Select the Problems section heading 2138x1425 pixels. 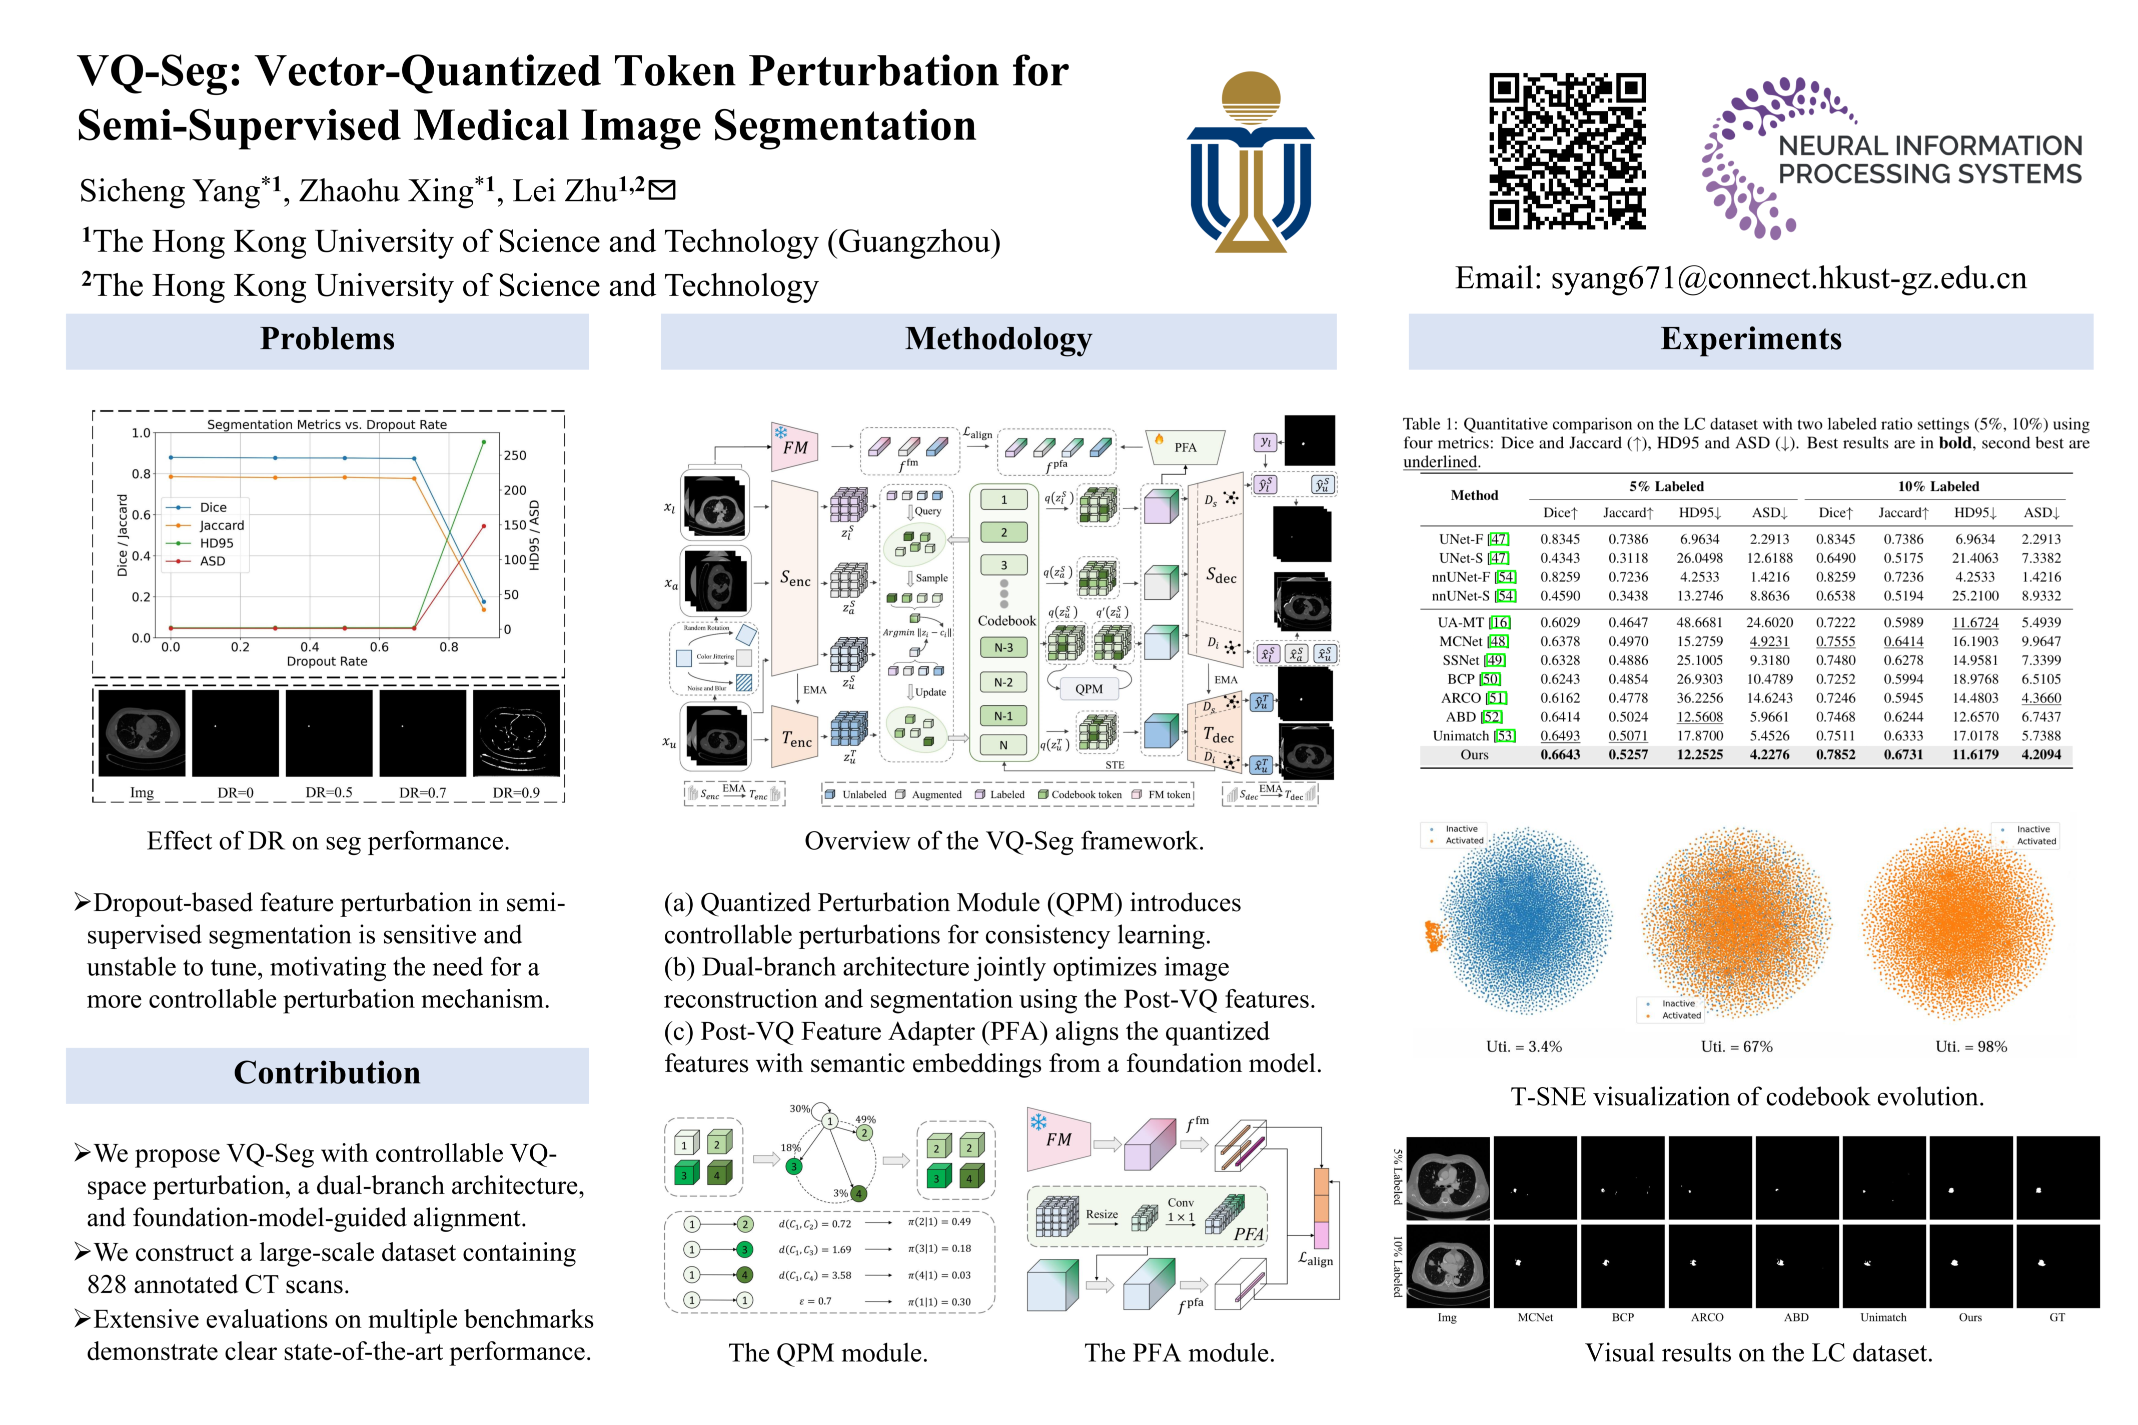coord(327,339)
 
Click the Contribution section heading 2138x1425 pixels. coord(327,1073)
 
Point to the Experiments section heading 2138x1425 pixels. coord(1750,339)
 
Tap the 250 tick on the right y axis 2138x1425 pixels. coord(515,455)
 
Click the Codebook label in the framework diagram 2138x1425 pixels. coord(1006,620)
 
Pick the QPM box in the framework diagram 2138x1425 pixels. coord(1088,689)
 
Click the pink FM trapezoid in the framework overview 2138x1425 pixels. coord(793,447)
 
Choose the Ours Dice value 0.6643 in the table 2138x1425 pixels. coord(1560,754)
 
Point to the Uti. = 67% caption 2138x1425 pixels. coord(1736,1047)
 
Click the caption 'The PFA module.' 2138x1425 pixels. coord(1179,1353)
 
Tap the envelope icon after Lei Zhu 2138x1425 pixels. coord(663,190)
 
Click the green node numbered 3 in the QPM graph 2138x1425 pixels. coord(793,1166)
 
